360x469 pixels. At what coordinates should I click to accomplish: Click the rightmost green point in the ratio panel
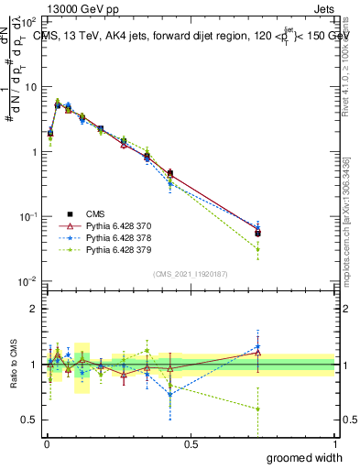258,409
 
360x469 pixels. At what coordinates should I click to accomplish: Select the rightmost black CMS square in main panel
258,233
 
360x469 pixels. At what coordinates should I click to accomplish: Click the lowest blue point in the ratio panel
170,395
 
